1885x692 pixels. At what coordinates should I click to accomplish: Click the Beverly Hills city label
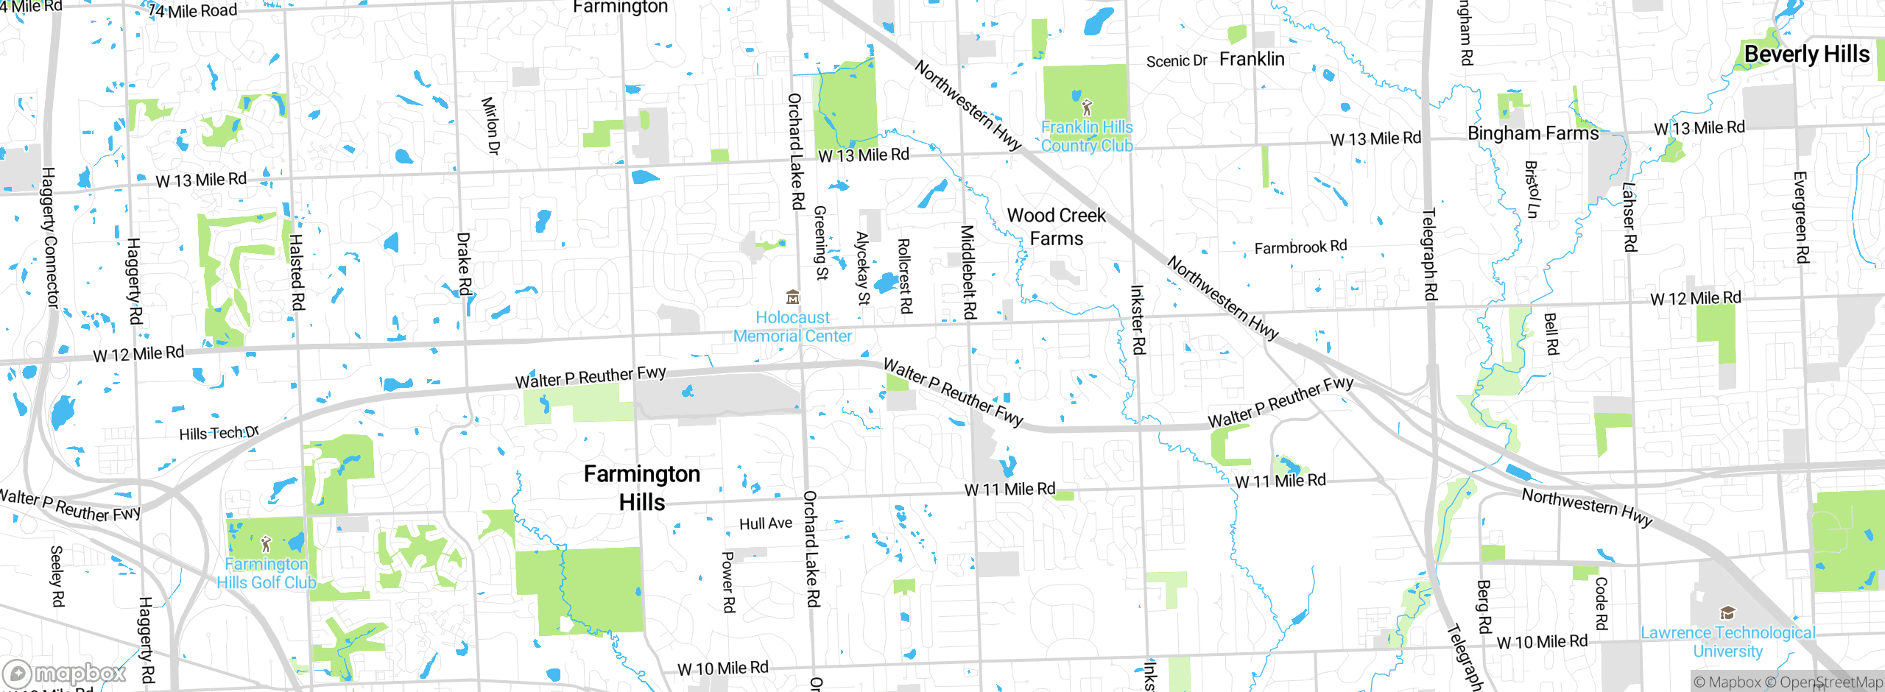(1806, 54)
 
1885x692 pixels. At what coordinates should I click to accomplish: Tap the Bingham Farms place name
(1533, 133)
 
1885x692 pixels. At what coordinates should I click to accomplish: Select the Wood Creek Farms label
(1056, 227)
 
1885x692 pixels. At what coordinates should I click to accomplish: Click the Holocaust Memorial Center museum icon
(792, 297)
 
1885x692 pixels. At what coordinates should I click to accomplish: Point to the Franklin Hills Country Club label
(1087, 136)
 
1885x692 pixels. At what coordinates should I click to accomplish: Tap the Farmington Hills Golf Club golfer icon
(266, 545)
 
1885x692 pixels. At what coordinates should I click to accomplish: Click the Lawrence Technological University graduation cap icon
(1727, 613)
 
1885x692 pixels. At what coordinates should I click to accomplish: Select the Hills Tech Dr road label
(219, 433)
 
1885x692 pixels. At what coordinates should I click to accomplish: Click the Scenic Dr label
(1176, 61)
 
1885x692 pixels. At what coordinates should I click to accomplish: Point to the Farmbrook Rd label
(1300, 247)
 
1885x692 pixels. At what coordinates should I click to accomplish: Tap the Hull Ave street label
(766, 523)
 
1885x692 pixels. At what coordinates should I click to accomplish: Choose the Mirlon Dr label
(490, 125)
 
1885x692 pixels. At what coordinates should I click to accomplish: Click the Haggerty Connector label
(50, 237)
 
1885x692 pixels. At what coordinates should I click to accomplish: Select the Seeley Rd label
(57, 576)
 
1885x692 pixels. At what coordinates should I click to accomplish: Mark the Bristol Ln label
(1532, 189)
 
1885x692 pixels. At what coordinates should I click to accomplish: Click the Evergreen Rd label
(1801, 217)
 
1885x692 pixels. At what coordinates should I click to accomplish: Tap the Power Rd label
(727, 582)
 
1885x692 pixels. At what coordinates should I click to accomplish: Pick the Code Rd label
(1602, 603)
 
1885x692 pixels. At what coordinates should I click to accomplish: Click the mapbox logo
(65, 674)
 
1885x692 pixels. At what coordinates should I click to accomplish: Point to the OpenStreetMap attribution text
(1831, 682)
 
